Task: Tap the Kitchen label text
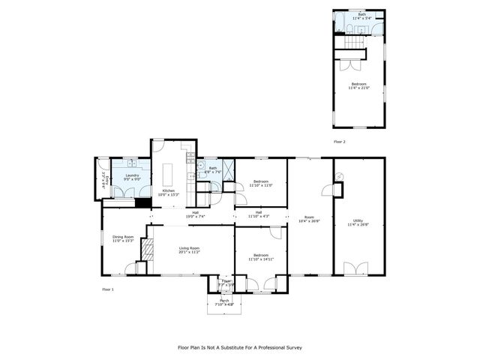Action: click(169, 191)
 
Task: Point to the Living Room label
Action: click(189, 250)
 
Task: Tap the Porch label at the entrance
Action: click(224, 302)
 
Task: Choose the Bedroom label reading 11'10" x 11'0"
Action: click(261, 183)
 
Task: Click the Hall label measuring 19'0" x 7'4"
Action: click(195, 214)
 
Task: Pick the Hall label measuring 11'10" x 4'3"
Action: click(259, 214)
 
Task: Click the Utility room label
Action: click(358, 222)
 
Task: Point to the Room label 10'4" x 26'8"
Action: click(308, 219)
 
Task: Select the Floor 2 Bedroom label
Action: click(358, 85)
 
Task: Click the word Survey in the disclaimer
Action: click(290, 348)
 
